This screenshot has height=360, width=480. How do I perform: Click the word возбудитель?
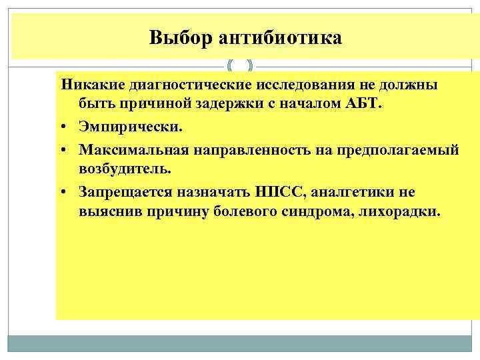click(x=125, y=169)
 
